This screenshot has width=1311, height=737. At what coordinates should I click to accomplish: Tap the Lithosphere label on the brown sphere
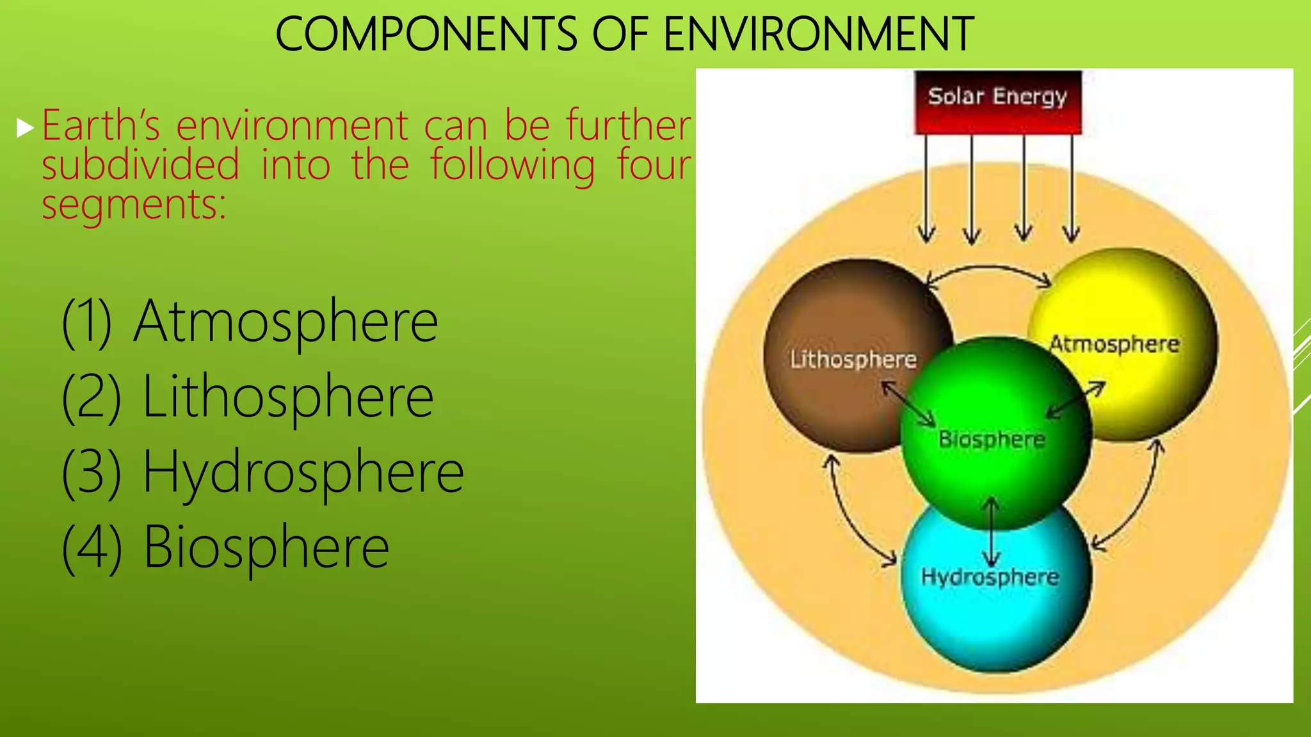[853, 360]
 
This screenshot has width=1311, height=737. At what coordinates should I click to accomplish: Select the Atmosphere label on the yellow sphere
[1114, 345]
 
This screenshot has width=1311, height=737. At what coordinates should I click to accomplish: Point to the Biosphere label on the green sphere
[992, 440]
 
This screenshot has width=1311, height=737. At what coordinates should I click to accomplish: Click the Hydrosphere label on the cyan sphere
[990, 577]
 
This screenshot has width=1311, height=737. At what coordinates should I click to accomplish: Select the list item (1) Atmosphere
[250, 322]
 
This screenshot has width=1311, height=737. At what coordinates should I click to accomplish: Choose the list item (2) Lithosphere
[248, 397]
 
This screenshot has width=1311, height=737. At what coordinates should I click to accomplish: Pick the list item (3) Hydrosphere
[262, 472]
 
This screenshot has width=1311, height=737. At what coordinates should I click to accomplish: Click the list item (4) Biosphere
[225, 548]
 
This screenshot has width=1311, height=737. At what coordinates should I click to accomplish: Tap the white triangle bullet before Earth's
[25, 129]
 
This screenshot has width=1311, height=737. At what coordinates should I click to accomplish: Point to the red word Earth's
[101, 125]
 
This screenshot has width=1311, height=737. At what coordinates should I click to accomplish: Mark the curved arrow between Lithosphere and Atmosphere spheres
[989, 268]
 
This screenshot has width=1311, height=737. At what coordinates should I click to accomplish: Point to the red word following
[512, 166]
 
